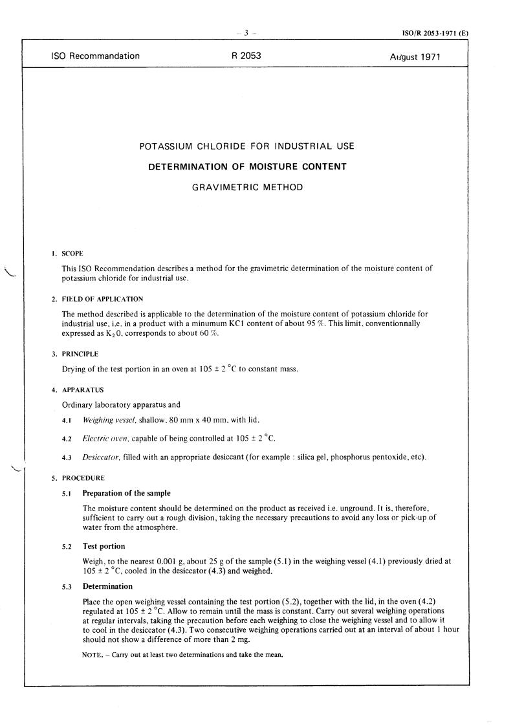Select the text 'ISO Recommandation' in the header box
click(95, 56)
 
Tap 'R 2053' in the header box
click(246, 56)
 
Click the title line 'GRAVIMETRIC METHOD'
click(248, 188)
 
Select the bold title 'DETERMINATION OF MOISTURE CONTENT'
click(247, 167)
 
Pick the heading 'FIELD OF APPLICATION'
click(102, 300)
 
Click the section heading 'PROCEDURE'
click(83, 478)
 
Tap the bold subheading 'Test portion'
click(104, 546)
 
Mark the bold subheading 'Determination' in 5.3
click(107, 587)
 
